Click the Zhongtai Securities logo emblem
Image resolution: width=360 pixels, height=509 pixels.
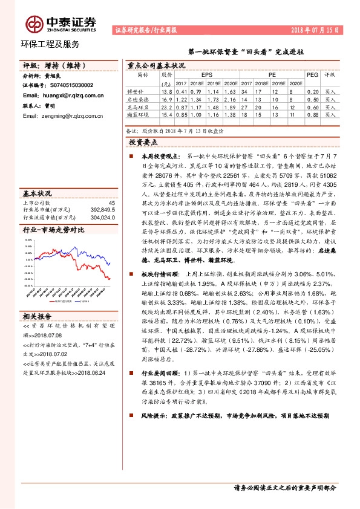coord(33,24)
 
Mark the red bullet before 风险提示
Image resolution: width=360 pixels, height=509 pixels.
coord(133,416)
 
